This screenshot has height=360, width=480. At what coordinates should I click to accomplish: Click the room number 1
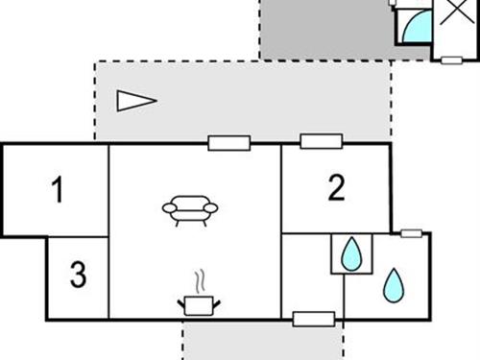[x=58, y=191]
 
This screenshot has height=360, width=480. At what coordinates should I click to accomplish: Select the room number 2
[x=335, y=188]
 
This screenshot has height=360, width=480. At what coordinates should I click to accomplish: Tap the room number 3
[x=78, y=276]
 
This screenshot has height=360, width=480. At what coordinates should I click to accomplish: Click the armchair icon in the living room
[x=190, y=209]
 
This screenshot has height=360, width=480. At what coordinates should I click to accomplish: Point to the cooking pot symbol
[x=199, y=305]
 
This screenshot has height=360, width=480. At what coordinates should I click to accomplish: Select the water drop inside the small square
[x=352, y=253]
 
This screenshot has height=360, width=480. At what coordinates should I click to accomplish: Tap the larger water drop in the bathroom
[x=394, y=284]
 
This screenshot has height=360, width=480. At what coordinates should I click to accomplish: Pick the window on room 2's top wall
[x=321, y=142]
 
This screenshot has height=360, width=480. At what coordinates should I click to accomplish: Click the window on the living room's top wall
[x=229, y=144]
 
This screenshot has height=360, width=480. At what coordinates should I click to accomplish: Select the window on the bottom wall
[x=313, y=319]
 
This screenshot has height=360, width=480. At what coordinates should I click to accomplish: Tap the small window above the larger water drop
[x=411, y=233]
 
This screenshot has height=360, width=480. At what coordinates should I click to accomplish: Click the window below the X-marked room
[x=450, y=60]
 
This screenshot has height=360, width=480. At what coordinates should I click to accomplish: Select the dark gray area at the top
[x=322, y=29]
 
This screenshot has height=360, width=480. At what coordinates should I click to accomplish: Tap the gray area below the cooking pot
[x=261, y=340]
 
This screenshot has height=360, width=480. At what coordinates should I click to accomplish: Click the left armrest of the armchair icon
[x=168, y=206]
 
